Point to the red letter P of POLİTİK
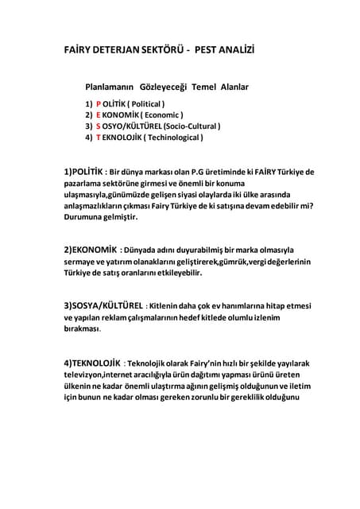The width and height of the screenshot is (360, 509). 99,103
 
